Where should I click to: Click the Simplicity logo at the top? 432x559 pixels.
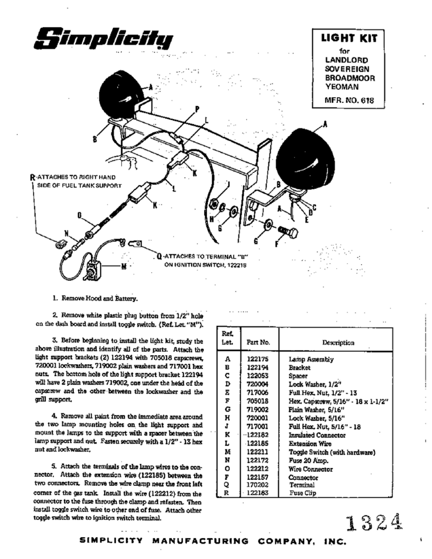point(105,38)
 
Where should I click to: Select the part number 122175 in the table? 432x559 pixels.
point(258,360)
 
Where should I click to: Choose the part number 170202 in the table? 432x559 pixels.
point(258,485)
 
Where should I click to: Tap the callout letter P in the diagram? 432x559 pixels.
point(197,109)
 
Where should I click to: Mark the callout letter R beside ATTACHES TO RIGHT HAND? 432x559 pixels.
point(33,176)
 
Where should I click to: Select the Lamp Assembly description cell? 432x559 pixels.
point(311,360)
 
